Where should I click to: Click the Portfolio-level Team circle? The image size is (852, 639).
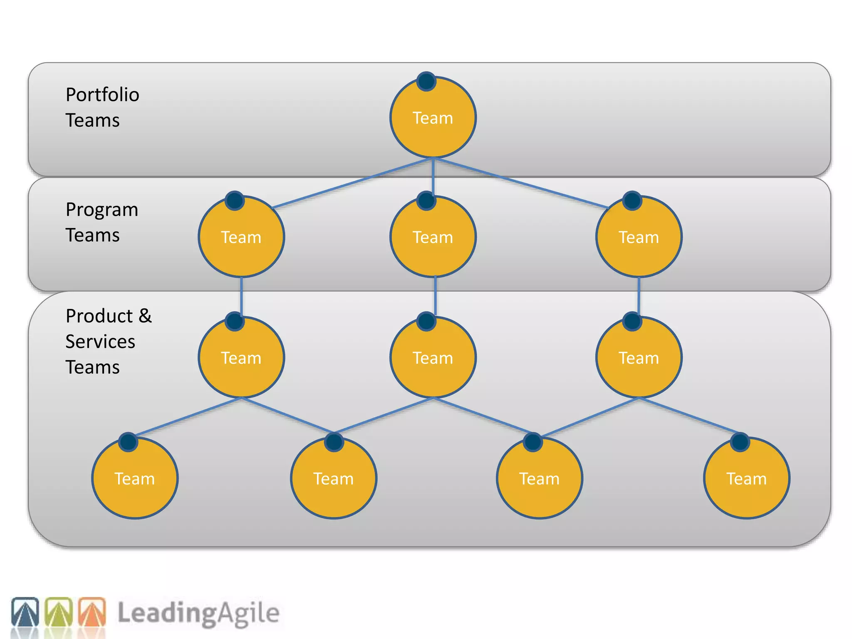(x=433, y=118)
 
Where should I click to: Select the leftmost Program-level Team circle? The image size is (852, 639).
(x=241, y=237)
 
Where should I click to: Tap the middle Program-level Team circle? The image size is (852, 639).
(x=433, y=237)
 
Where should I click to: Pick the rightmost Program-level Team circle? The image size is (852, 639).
(x=639, y=237)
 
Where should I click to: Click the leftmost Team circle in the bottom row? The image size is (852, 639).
(x=135, y=478)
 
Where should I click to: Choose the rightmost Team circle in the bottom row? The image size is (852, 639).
(x=746, y=478)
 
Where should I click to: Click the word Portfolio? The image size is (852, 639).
(x=102, y=95)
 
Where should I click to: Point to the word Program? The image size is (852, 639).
(x=102, y=210)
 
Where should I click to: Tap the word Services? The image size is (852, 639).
(x=100, y=342)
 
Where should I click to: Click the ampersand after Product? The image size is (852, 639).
(x=145, y=316)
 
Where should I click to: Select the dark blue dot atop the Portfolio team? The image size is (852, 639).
(x=426, y=81)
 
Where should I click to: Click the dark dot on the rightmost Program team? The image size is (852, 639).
(x=632, y=201)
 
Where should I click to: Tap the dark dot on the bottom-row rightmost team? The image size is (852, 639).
(x=740, y=442)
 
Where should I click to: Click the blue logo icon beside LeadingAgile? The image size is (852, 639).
(x=25, y=612)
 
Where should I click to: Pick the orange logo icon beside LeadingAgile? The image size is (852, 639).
(x=92, y=612)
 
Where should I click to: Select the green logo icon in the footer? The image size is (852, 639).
(x=59, y=612)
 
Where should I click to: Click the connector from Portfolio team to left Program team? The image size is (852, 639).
(x=354, y=182)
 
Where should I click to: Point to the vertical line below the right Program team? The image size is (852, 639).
(x=639, y=296)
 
